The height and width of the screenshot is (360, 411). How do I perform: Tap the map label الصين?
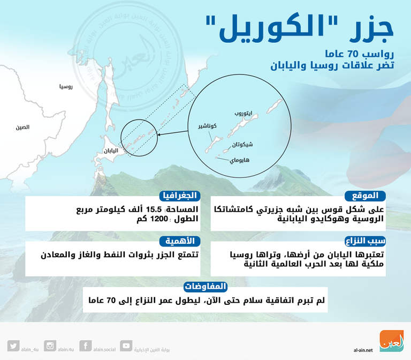22,127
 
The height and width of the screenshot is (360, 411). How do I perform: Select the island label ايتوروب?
243,114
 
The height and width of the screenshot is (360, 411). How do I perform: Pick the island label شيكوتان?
243,145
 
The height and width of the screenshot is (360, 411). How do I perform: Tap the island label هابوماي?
240,160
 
